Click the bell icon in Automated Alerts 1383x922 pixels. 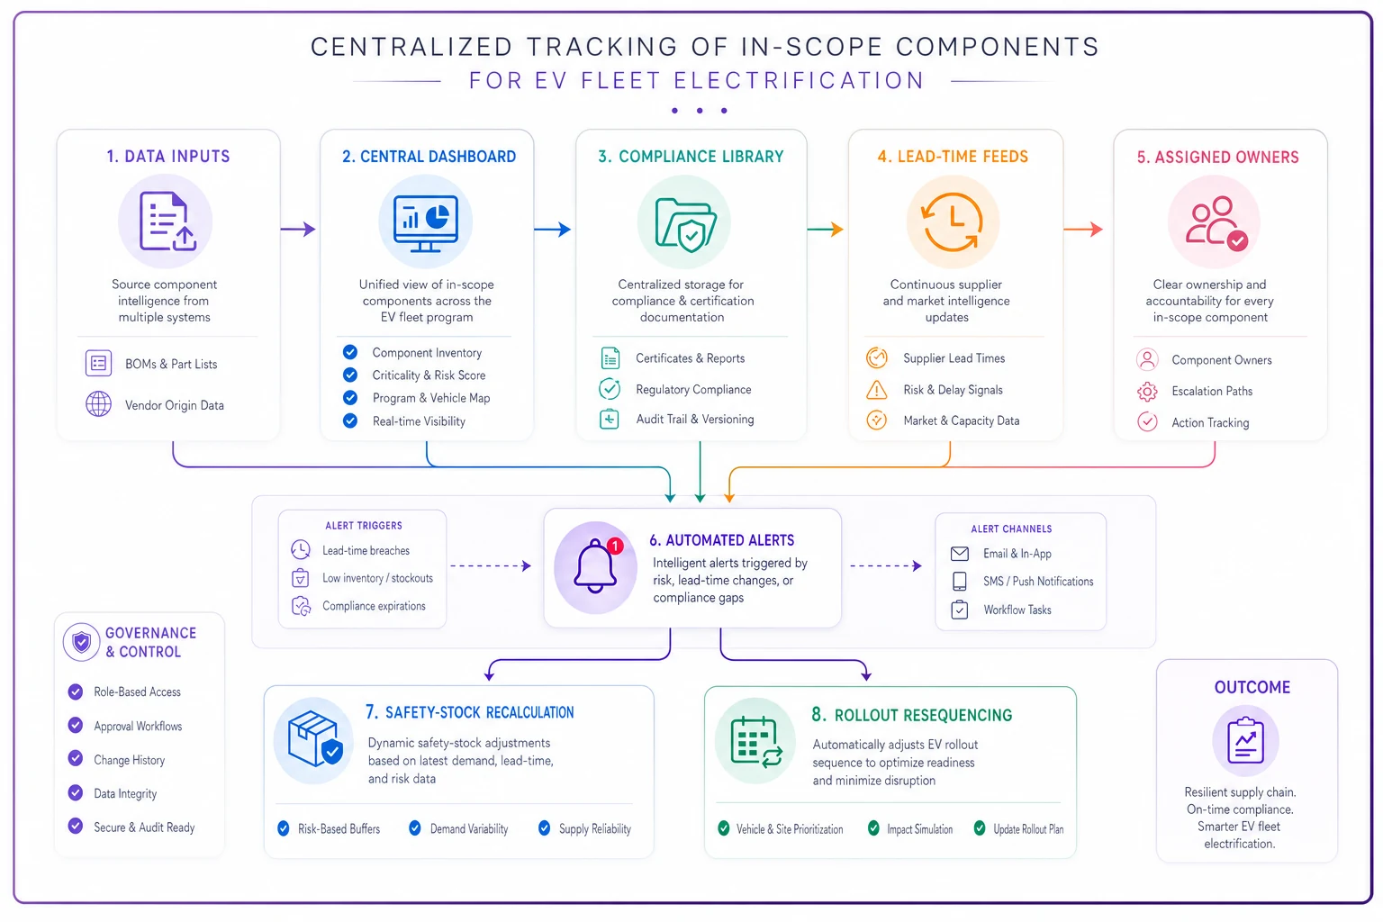[595, 566]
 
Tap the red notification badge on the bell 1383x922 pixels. [615, 546]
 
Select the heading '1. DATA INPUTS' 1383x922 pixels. [168, 157]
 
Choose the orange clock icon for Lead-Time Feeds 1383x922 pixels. [952, 222]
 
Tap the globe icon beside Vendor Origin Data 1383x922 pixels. [99, 404]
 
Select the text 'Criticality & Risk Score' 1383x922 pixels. [429, 375]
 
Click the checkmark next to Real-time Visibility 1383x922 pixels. [350, 421]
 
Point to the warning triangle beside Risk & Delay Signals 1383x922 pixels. [877, 390]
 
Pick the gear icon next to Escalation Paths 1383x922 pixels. [1147, 392]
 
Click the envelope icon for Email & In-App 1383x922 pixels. [960, 554]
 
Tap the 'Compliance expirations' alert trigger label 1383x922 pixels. [374, 606]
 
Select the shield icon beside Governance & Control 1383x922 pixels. [82, 642]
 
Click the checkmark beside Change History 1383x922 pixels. [76, 758]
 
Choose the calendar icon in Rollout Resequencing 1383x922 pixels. [755, 742]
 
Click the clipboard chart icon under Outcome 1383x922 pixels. [1245, 740]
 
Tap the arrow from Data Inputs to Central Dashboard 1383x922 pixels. [298, 229]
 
